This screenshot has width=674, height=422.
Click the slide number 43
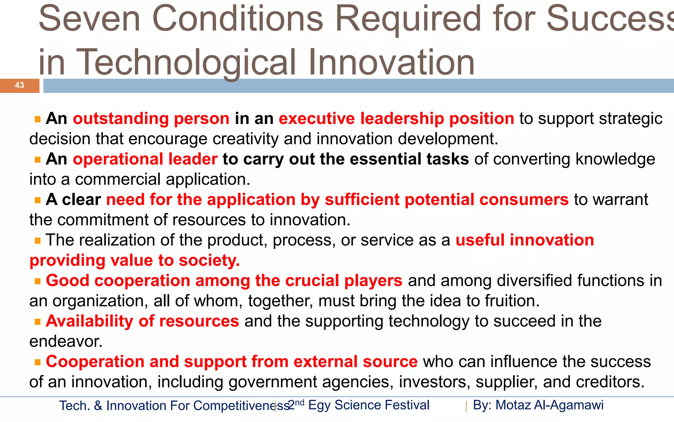click(x=19, y=85)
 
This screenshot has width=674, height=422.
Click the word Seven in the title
click(x=90, y=19)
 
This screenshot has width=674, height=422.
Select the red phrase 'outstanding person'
click(x=151, y=119)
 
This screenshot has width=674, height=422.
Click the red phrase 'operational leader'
click(x=145, y=159)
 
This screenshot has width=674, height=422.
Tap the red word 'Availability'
click(x=89, y=321)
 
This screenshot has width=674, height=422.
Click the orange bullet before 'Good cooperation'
click(x=38, y=281)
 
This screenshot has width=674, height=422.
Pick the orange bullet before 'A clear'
click(x=38, y=200)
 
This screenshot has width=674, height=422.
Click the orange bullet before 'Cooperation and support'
click(x=38, y=362)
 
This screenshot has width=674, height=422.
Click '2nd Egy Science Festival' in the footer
click(x=359, y=405)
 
